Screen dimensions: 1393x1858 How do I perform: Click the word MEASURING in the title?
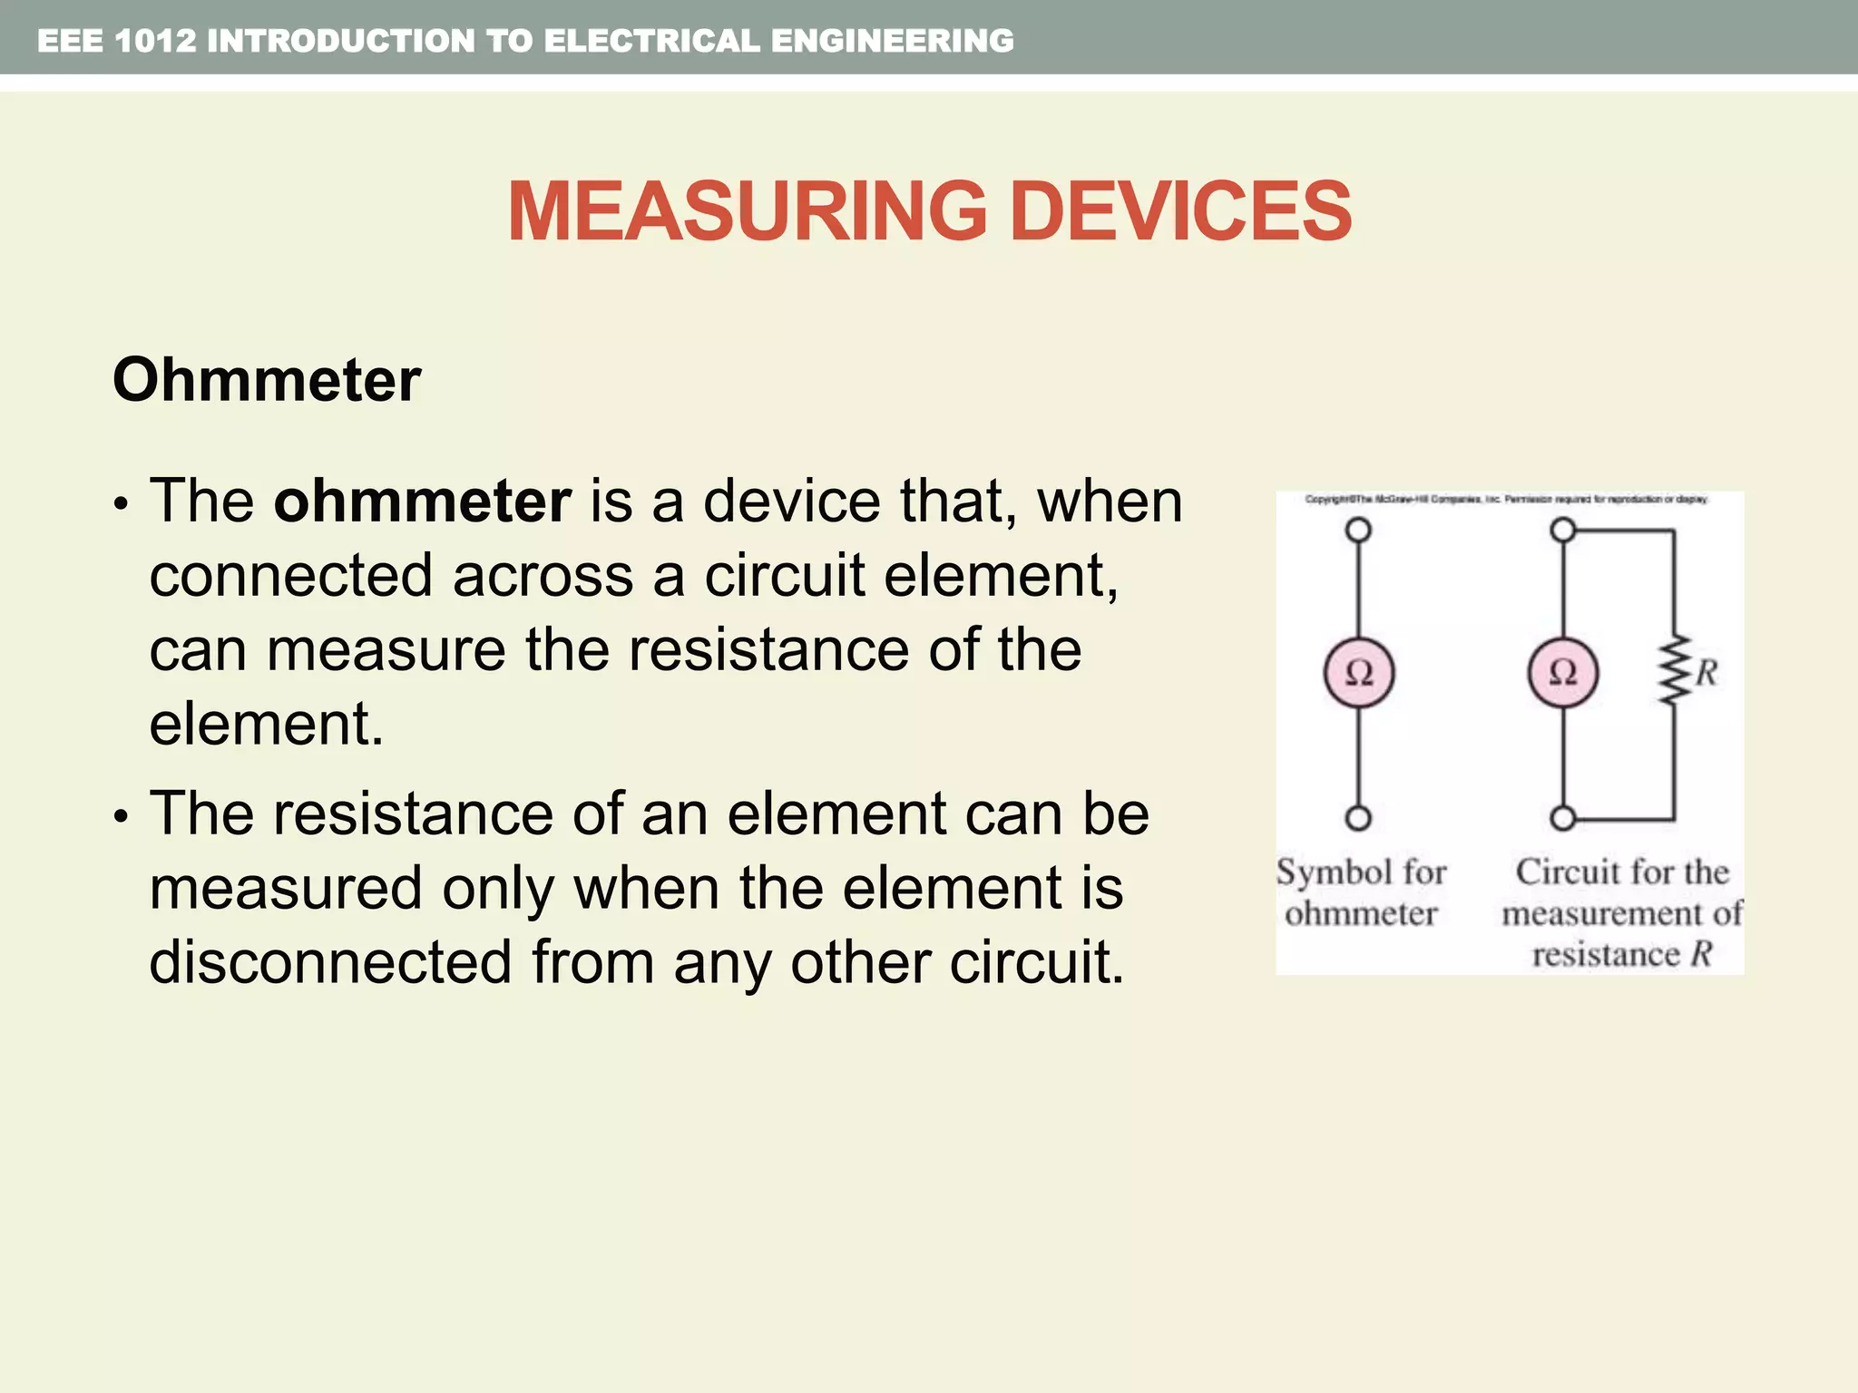click(747, 211)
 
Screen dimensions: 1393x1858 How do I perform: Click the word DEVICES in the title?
click(1179, 211)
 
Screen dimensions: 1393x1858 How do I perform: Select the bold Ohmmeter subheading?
click(267, 380)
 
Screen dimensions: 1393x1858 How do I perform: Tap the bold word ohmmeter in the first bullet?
click(423, 501)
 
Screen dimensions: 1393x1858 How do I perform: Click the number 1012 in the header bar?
click(155, 41)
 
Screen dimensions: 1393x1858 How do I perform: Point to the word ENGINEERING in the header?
click(893, 41)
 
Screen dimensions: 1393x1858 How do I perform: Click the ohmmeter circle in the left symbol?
click(1358, 673)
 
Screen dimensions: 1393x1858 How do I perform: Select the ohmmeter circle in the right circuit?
click(1562, 673)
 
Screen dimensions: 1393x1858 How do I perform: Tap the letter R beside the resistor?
click(1706, 673)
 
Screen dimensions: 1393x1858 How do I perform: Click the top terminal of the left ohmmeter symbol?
click(1358, 530)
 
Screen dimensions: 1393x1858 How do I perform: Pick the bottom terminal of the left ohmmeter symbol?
click(1358, 818)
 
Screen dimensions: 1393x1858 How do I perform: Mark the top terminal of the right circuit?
click(1562, 530)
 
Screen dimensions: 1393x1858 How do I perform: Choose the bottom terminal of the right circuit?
click(1562, 818)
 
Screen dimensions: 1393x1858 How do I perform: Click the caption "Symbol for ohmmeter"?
click(1361, 892)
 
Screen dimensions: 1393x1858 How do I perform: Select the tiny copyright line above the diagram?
click(1506, 500)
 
